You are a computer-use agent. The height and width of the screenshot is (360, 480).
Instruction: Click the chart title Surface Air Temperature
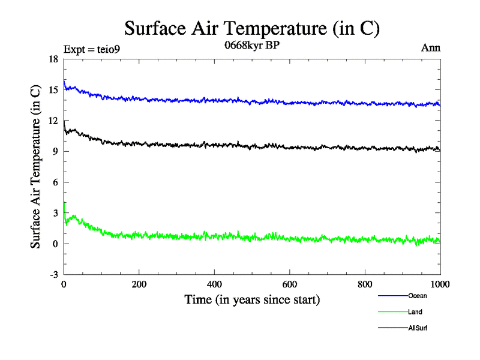point(252,28)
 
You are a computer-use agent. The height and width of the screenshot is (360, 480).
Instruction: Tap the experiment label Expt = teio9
point(92,49)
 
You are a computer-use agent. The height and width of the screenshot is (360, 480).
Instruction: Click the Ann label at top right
point(431,48)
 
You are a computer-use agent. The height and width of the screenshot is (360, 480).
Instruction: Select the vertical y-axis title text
point(37,167)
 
